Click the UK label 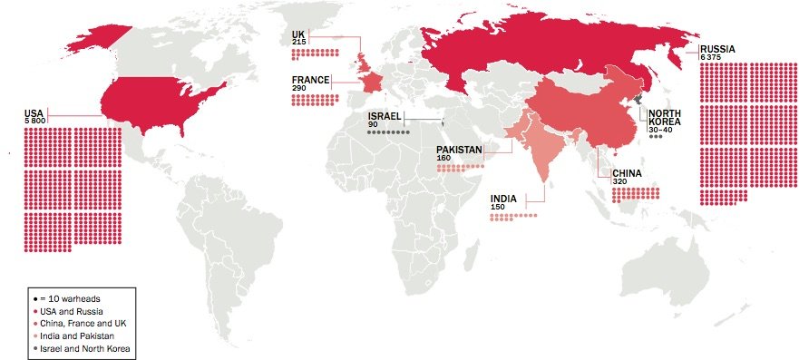coord(297,35)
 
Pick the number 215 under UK coord(298,44)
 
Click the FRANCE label coord(310,80)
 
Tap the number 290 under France coord(300,88)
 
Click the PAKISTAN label coord(458,150)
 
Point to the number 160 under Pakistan coord(443,158)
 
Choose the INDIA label coord(504,199)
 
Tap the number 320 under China coord(619,181)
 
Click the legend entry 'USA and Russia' coord(68,311)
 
